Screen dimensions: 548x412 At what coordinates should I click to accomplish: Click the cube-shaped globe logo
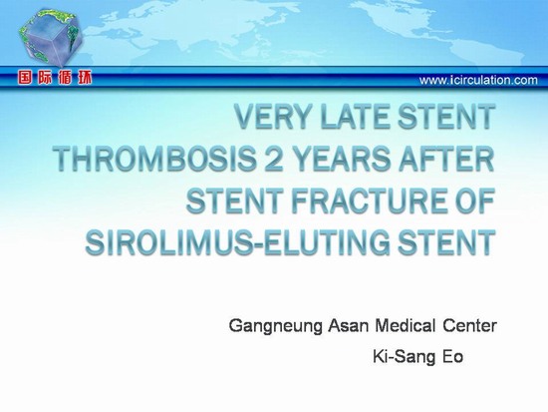pos(50,37)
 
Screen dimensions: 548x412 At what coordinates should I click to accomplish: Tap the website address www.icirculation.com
pos(478,80)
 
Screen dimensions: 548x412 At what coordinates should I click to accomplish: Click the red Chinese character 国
pos(25,78)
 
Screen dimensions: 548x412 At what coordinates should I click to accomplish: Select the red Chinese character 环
pos(85,78)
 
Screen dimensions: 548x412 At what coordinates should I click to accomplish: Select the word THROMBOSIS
pos(154,159)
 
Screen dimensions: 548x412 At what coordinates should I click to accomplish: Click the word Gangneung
pos(275,326)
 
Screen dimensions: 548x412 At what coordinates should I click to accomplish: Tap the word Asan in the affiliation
pos(349,326)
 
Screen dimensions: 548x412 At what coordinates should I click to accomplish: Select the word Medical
pos(406,325)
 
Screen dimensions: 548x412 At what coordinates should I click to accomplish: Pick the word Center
pos(469,326)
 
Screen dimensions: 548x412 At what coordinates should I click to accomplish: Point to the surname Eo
pos(453,357)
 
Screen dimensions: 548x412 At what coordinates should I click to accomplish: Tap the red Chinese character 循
pos(65,78)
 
